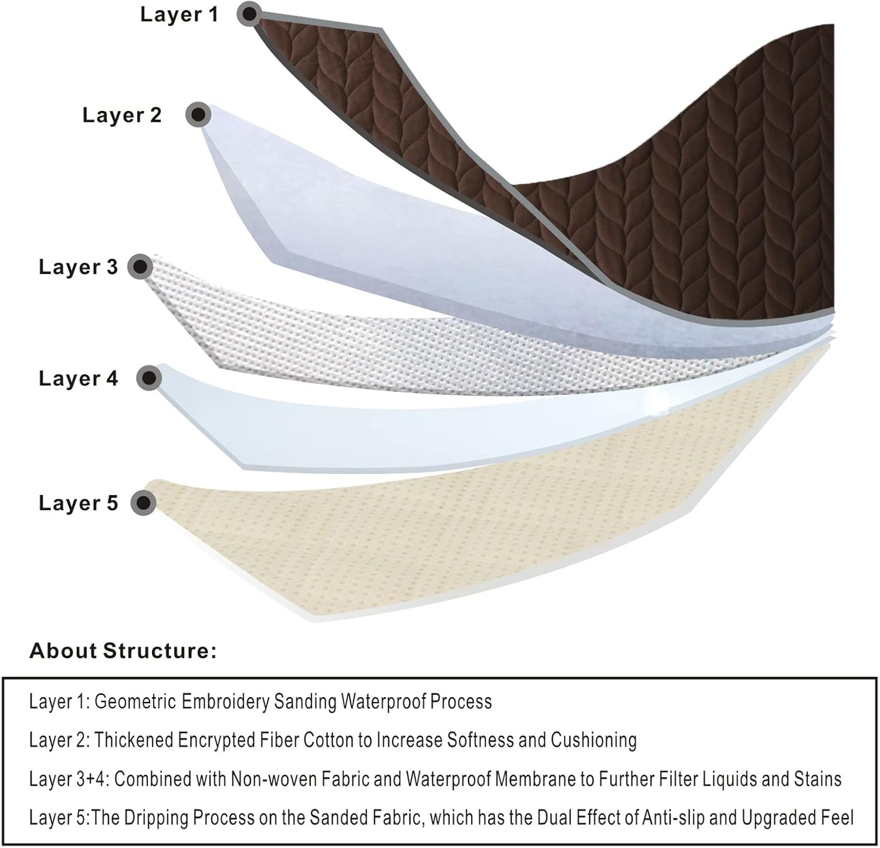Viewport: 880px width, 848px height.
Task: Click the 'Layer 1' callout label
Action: pos(179,15)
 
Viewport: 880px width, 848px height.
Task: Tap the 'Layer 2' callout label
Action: pos(121,115)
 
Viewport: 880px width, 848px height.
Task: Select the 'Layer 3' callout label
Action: pos(78,267)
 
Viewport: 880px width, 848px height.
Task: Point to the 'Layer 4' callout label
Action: pos(78,379)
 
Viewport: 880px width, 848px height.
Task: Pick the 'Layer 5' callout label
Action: pos(78,503)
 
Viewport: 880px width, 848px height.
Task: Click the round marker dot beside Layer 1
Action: pos(249,13)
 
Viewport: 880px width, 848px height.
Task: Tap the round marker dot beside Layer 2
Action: pos(198,114)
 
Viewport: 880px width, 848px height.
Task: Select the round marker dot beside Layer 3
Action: pos(140,267)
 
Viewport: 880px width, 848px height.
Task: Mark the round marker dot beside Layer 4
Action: pos(149,378)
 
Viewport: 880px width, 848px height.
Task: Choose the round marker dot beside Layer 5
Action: pos(143,503)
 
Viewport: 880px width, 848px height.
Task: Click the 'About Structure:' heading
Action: pos(123,651)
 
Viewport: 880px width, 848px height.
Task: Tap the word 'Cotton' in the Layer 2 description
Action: pos(329,741)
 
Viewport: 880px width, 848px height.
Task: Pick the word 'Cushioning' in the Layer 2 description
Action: pos(593,741)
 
